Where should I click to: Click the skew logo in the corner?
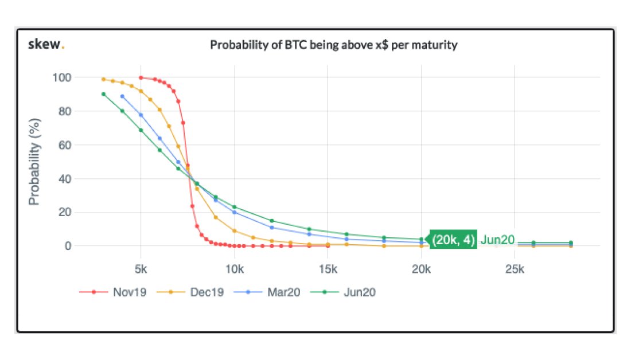pos(46,45)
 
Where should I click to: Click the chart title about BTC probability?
pos(333,45)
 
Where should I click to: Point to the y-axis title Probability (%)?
pos(35,162)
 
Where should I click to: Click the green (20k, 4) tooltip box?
pos(453,240)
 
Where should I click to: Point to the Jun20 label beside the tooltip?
pos(497,240)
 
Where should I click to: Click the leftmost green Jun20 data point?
pos(103,94)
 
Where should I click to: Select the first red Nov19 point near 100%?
pos(141,77)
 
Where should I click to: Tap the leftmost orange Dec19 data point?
pos(103,79)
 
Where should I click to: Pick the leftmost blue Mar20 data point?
pos(122,96)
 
